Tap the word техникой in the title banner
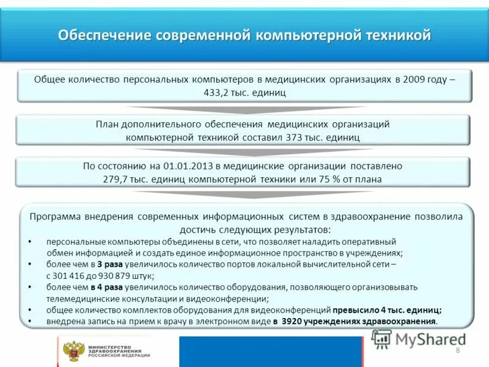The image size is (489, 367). point(398,35)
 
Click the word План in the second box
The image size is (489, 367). point(107,124)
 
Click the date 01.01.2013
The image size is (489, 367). point(185,166)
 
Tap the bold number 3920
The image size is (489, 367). point(294,321)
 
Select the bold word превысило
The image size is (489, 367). point(354,310)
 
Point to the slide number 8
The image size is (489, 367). point(457,350)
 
